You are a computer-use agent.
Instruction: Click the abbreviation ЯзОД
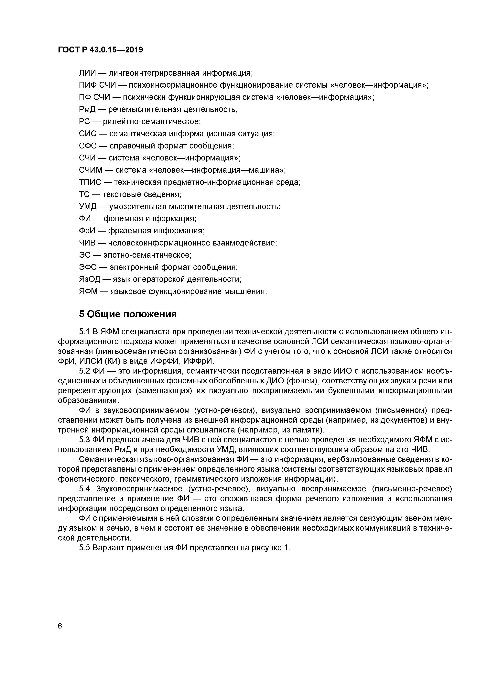(x=89, y=279)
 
